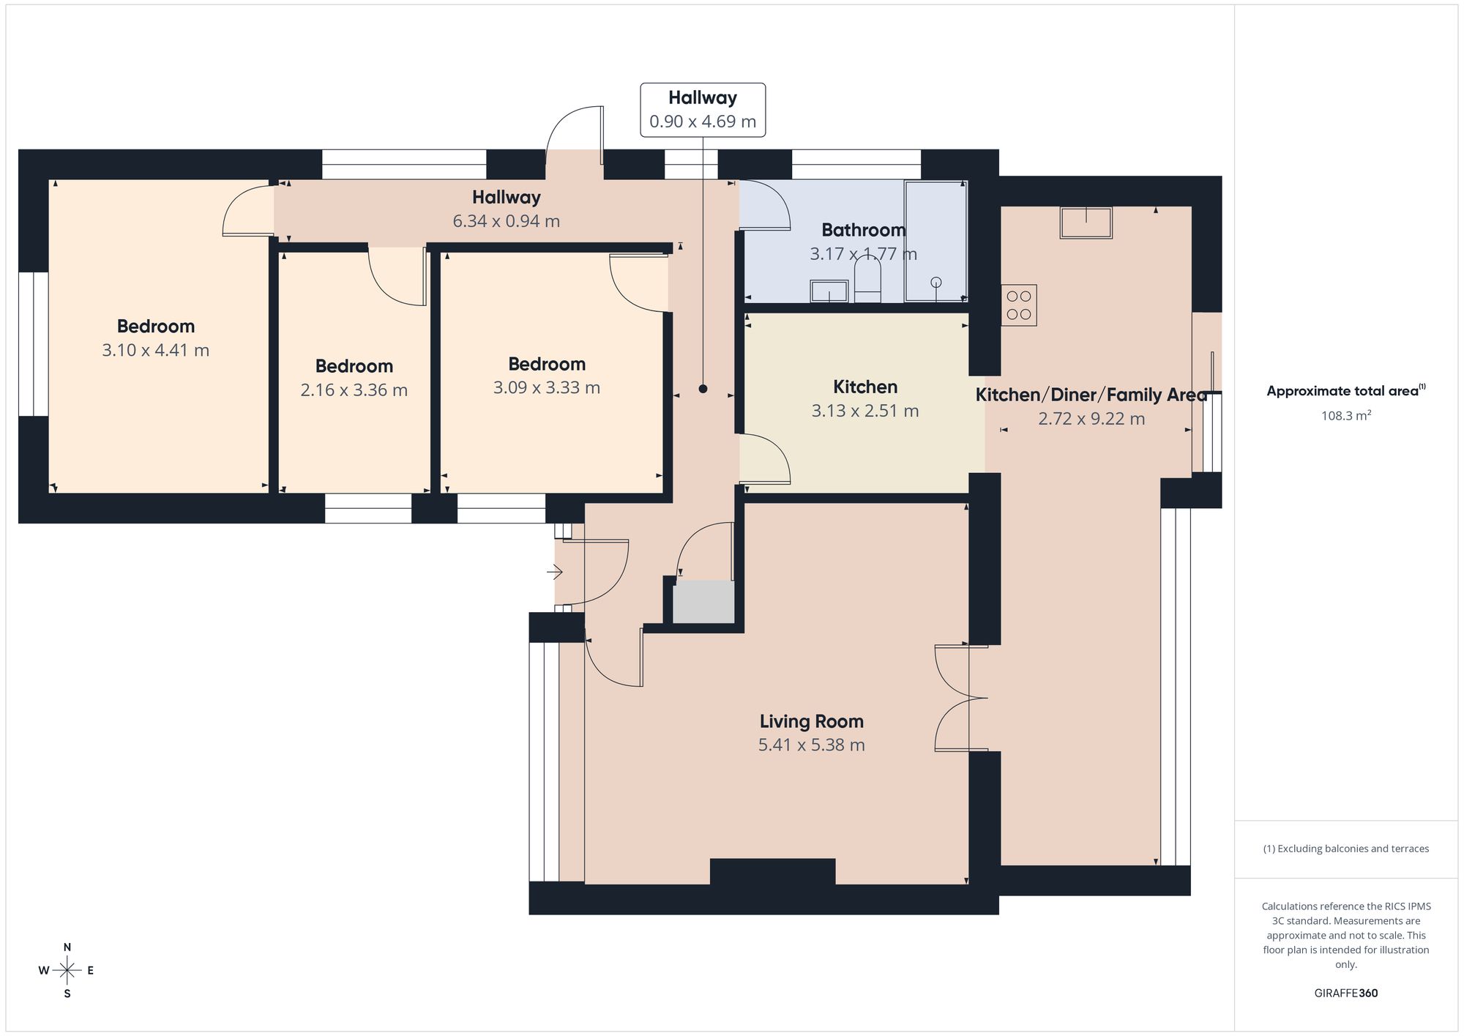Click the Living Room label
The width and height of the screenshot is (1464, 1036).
811,721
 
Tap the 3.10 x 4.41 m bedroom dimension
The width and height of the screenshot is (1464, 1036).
155,350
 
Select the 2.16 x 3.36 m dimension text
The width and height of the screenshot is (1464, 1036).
354,390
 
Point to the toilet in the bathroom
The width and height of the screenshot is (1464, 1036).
868,282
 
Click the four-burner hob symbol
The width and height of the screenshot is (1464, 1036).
1019,305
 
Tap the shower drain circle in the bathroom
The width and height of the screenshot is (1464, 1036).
935,282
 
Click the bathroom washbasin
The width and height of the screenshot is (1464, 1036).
829,291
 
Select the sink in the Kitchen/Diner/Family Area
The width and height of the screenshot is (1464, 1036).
1086,223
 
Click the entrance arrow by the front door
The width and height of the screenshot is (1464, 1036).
554,571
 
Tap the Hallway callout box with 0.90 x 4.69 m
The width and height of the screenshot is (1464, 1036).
703,110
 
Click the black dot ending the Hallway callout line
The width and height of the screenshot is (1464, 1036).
703,389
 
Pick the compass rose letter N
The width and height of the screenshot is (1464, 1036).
67,947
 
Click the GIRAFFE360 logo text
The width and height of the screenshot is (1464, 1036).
1346,993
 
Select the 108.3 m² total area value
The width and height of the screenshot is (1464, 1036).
1346,415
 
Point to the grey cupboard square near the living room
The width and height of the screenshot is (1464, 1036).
703,603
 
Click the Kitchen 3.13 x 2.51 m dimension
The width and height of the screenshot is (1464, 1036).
865,411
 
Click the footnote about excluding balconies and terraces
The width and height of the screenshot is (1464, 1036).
1346,849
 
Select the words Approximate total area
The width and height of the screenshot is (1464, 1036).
1342,391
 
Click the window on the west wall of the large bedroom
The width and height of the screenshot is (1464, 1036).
34,344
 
